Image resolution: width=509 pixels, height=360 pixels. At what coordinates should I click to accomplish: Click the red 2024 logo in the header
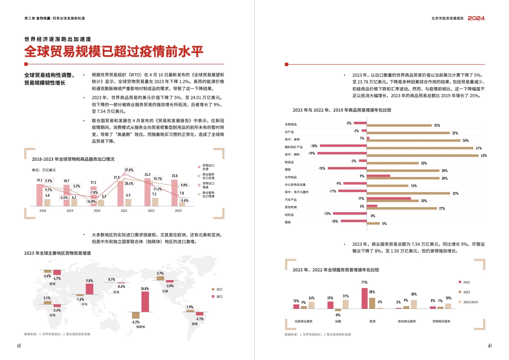coord(476,18)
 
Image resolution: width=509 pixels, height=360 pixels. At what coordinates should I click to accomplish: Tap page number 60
coord(19,346)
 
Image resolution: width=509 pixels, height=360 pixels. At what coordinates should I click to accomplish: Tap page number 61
coord(490,346)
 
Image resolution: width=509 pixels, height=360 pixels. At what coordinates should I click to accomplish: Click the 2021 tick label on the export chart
coord(124,211)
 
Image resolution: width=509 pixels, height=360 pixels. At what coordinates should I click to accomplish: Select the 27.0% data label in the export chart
coord(129,170)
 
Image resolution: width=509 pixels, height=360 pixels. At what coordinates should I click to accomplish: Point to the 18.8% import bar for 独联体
coord(145,301)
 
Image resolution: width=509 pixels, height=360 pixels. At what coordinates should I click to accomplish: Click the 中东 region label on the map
coord(84,304)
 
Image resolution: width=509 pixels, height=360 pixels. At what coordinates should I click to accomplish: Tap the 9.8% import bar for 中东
coord(89,289)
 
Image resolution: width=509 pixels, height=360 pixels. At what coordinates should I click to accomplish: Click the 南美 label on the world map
coord(195,324)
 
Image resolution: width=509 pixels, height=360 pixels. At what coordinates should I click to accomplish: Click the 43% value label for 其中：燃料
coord(484,156)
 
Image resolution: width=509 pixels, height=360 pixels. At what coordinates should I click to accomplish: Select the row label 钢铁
coord(288,170)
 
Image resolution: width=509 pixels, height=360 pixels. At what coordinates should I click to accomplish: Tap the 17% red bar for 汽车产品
coord(389,199)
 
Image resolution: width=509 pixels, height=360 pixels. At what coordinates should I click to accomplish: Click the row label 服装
coord(288,222)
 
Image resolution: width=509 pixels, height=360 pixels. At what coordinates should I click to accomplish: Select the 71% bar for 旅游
coord(364,298)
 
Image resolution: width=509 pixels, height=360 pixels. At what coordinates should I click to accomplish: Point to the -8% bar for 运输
coord(338,310)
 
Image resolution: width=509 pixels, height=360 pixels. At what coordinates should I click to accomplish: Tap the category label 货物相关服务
coord(441,321)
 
